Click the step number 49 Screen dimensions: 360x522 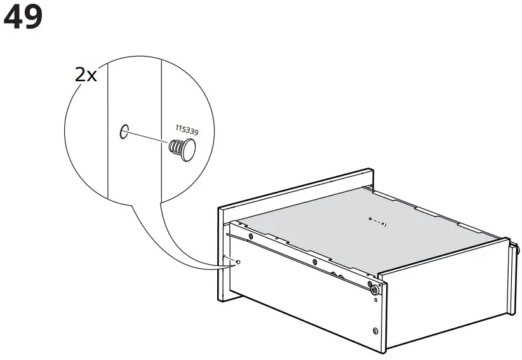click(x=23, y=18)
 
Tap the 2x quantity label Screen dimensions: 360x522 click(x=86, y=75)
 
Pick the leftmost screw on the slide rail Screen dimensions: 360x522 click(x=251, y=237)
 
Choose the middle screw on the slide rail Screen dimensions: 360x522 click(x=313, y=260)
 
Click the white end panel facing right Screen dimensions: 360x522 click(x=445, y=298)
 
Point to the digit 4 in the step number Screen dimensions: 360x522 click(x=14, y=18)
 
